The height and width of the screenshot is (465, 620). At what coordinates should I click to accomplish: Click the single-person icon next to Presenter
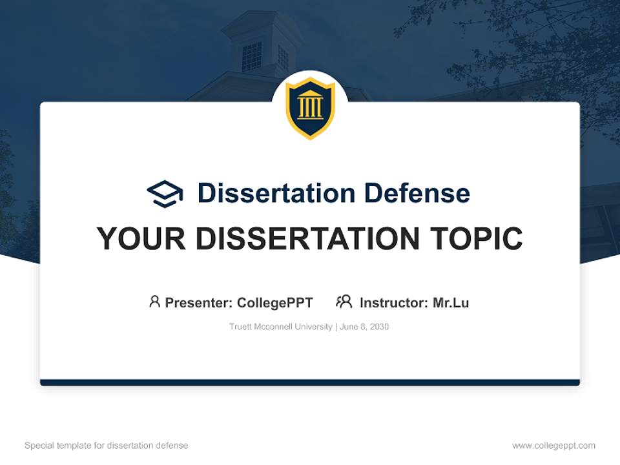(154, 302)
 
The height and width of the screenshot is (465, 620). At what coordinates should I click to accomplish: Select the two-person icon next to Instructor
(344, 302)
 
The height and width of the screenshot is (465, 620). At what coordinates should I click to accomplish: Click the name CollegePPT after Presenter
(275, 303)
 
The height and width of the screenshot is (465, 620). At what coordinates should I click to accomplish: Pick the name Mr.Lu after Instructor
(451, 303)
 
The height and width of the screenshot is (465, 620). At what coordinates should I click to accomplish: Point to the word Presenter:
(199, 303)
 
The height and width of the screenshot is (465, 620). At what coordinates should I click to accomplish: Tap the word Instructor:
(393, 303)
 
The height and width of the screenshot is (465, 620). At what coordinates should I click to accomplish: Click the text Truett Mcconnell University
(280, 327)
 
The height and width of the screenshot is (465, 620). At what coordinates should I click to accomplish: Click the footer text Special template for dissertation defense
(107, 446)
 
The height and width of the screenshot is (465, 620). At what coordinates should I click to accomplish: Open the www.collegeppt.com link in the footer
(553, 446)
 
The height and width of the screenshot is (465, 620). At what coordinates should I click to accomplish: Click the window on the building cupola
(251, 57)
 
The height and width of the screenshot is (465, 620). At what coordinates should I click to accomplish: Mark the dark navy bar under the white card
(310, 382)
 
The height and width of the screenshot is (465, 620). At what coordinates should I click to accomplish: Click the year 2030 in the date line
(378, 327)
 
